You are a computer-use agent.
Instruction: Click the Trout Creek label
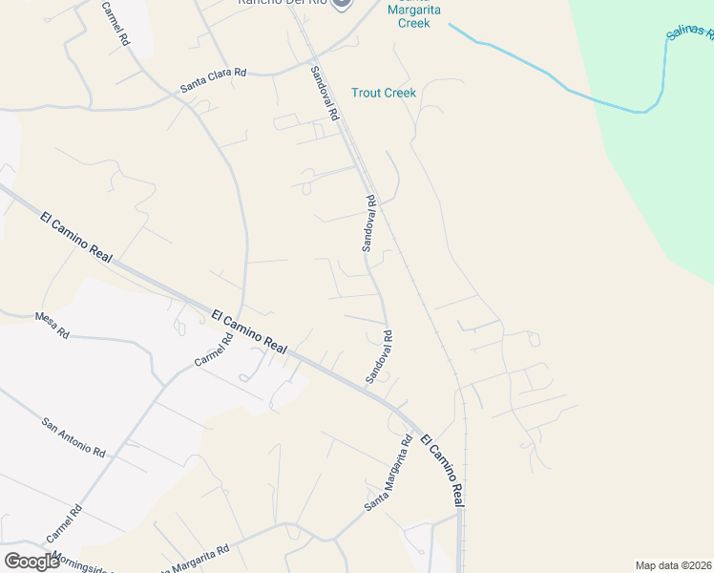(384, 93)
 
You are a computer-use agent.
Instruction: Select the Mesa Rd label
(52, 326)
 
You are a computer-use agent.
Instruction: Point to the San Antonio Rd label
(73, 436)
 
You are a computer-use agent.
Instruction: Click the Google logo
(31, 561)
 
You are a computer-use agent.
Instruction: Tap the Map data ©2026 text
(673, 565)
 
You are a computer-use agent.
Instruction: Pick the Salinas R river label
(689, 34)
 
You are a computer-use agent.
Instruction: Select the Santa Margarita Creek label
(414, 15)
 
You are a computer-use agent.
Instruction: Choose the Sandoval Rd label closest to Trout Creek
(325, 93)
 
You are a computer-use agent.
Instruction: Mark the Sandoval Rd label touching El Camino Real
(379, 358)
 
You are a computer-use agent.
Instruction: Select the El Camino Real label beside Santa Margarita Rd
(443, 469)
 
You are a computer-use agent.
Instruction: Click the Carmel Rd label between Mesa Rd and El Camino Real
(214, 352)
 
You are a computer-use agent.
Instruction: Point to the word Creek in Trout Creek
(399, 93)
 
